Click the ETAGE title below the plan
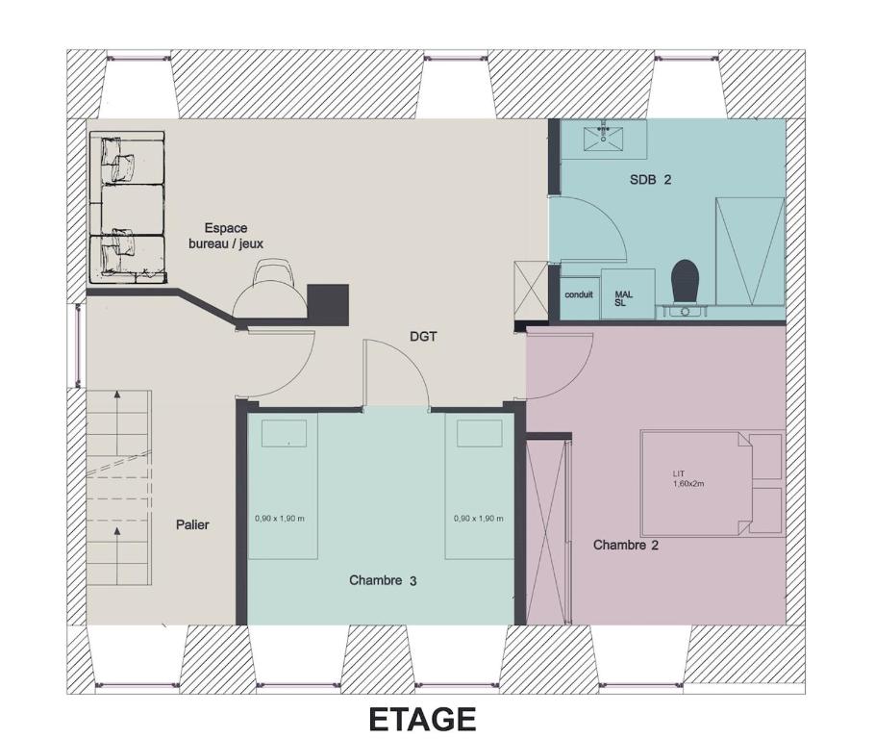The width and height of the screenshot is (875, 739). click(x=422, y=720)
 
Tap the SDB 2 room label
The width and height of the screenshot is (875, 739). click(x=650, y=179)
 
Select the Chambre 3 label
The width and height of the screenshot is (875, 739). click(x=383, y=580)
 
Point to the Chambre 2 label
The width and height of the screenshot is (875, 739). click(x=626, y=545)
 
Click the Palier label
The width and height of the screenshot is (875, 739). click(x=192, y=524)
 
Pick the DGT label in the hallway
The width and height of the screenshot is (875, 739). click(x=423, y=336)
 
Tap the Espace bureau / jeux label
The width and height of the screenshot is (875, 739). click(x=226, y=236)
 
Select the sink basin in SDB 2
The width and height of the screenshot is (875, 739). click(x=603, y=138)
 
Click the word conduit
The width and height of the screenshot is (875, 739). click(x=579, y=294)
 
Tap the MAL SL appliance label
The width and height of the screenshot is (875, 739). click(x=623, y=298)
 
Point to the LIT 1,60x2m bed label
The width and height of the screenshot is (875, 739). click(x=688, y=478)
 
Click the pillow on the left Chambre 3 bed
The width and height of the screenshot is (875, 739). click(x=284, y=433)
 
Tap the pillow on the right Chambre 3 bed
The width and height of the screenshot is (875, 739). click(x=480, y=433)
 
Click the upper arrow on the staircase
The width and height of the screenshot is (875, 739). click(x=117, y=422)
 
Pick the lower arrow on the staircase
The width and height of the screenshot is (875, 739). click(x=117, y=555)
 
